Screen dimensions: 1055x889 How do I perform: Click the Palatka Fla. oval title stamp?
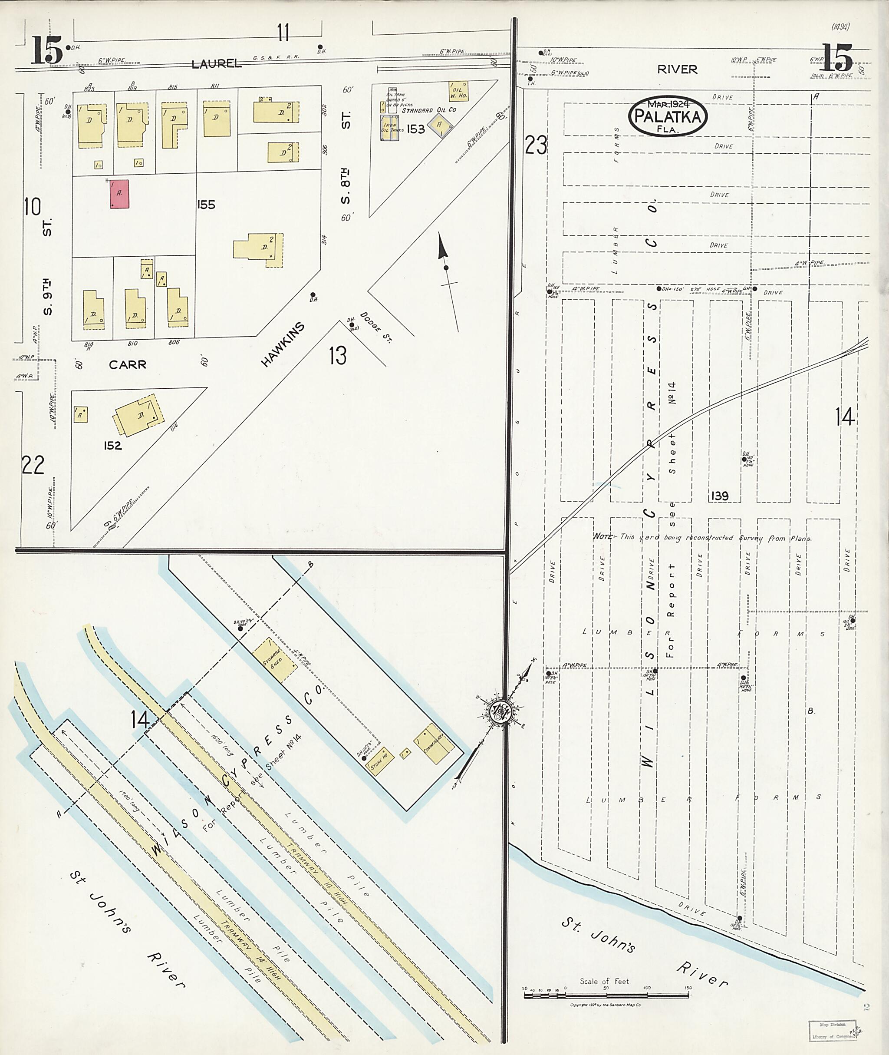pos(668,116)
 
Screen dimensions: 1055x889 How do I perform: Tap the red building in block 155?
pos(119,194)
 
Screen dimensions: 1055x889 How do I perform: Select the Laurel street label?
pos(216,63)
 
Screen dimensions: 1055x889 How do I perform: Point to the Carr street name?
pos(128,364)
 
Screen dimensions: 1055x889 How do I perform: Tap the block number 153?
pos(416,129)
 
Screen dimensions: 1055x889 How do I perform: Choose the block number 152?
pos(112,445)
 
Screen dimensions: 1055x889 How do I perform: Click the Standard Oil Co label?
pos(428,110)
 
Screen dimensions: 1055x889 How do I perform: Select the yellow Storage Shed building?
pos(275,660)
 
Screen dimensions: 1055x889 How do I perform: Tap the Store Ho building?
pos(379,760)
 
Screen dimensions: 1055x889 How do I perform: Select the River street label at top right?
pos(677,69)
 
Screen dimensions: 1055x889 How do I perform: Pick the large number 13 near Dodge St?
pos(338,356)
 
